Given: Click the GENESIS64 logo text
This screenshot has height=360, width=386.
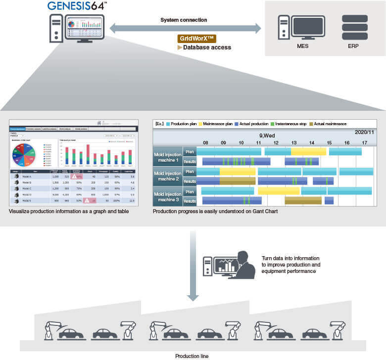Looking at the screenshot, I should click(76, 6).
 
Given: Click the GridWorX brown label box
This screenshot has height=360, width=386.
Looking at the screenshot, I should click(196, 39).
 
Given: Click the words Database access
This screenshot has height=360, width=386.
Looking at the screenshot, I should click(207, 48).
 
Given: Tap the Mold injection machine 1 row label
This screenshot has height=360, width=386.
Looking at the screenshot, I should click(168, 157).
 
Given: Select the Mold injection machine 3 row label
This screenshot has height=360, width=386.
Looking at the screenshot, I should click(168, 196).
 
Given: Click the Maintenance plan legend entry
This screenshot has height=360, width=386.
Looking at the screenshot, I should click(218, 124).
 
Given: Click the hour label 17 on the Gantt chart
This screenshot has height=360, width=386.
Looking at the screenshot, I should click(365, 142).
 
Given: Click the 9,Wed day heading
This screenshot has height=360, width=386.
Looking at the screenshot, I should click(268, 135).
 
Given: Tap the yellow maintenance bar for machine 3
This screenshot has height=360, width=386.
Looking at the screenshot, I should click(279, 191).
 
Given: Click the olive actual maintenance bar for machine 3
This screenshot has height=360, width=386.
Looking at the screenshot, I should click(303, 200).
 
